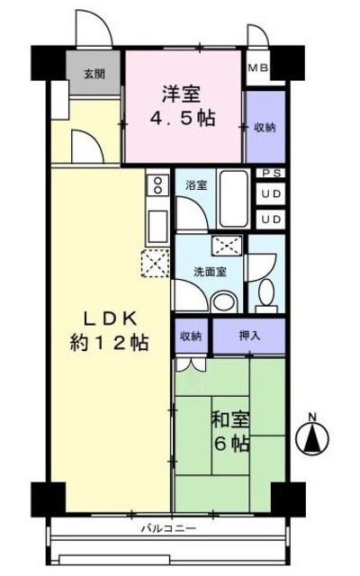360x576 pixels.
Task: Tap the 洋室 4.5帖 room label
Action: click(x=188, y=105)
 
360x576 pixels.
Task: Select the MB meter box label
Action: click(x=257, y=67)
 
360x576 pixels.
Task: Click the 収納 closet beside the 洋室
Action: click(x=265, y=127)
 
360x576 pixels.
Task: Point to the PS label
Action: click(x=270, y=175)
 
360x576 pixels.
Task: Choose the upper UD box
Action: click(x=270, y=195)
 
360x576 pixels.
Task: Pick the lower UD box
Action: click(x=270, y=219)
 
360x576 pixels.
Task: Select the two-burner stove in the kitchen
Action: click(x=156, y=186)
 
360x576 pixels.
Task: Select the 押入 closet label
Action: click(x=250, y=336)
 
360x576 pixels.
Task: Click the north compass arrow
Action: click(x=313, y=438)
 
